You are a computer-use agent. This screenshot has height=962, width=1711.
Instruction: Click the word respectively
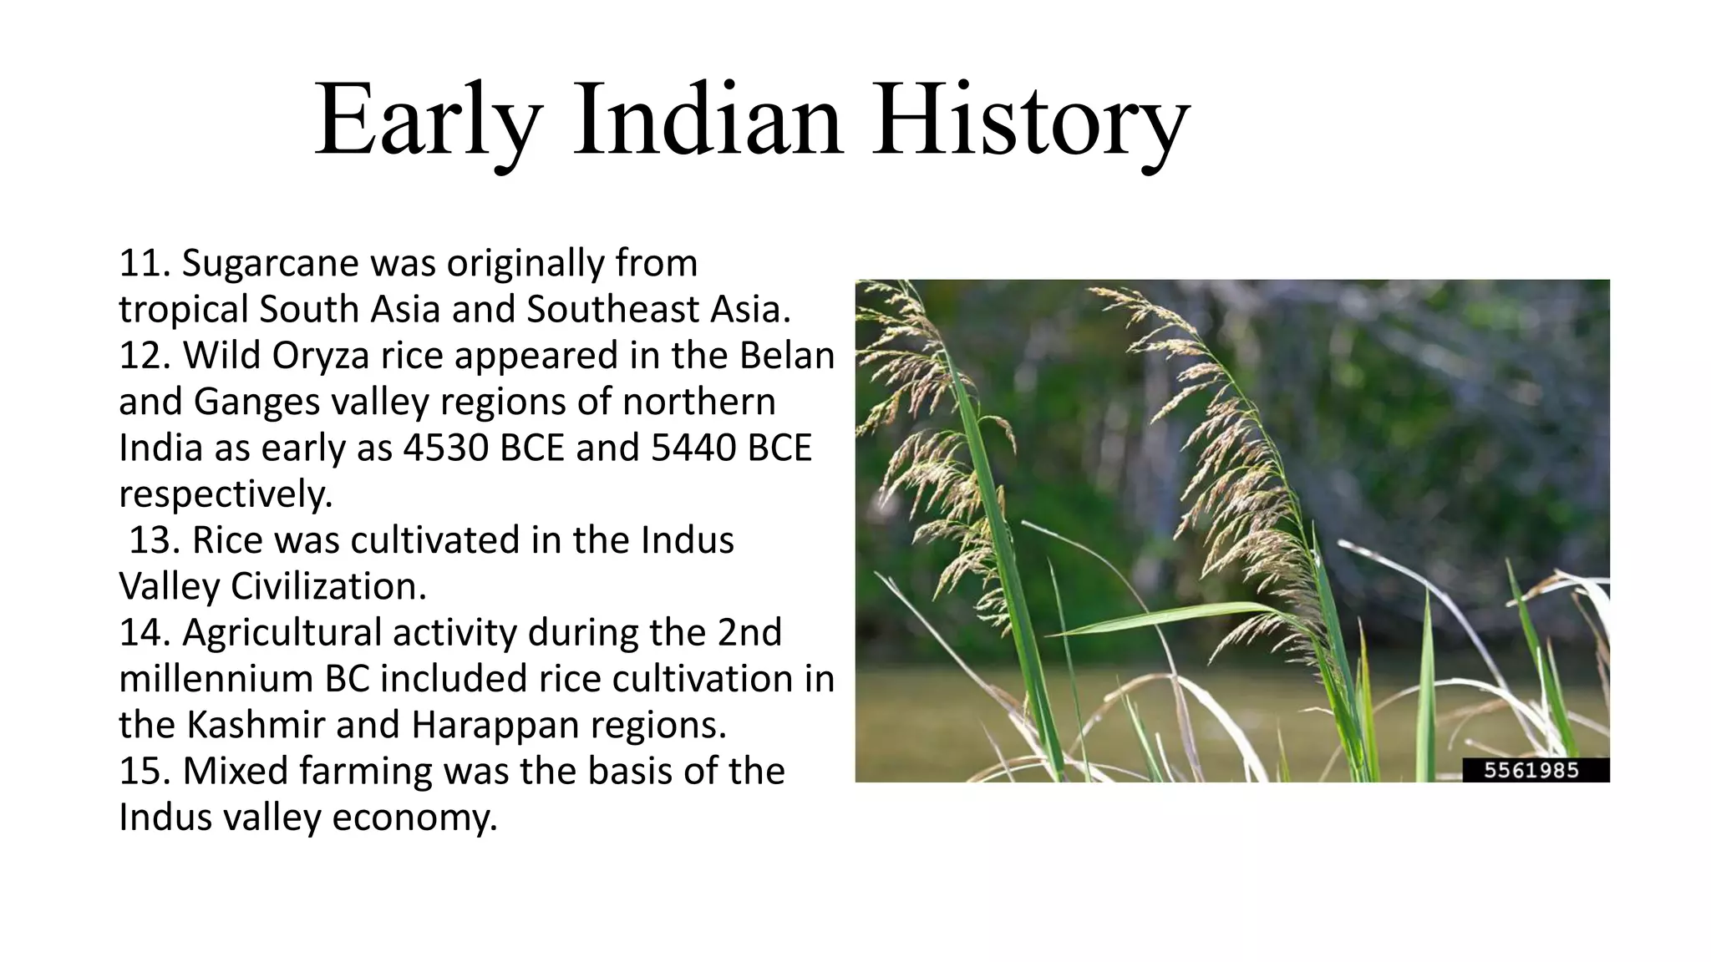(226, 494)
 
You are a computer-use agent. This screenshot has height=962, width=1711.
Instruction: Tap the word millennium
(216, 679)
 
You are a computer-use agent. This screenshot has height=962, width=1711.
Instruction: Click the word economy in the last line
(414, 818)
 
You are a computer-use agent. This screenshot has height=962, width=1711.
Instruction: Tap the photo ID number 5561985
(1531, 770)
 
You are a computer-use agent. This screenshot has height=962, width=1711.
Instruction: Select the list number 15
(144, 771)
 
